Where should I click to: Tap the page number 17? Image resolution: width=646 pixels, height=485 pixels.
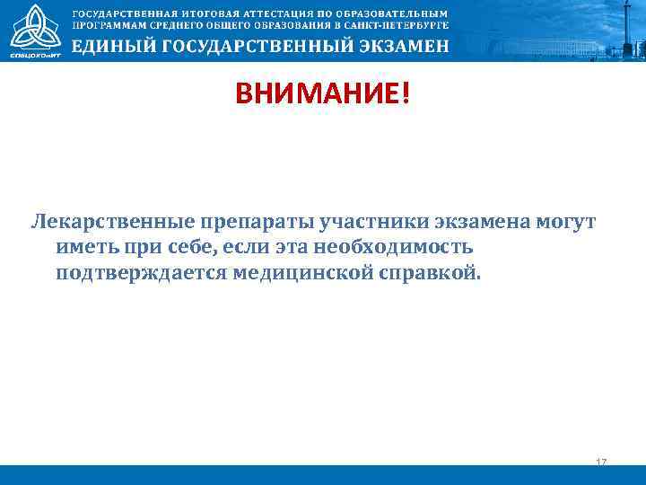point(601,462)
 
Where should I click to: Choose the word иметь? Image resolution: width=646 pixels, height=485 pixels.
point(83,246)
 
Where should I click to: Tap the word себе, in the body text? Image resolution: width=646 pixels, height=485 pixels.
point(178,246)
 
